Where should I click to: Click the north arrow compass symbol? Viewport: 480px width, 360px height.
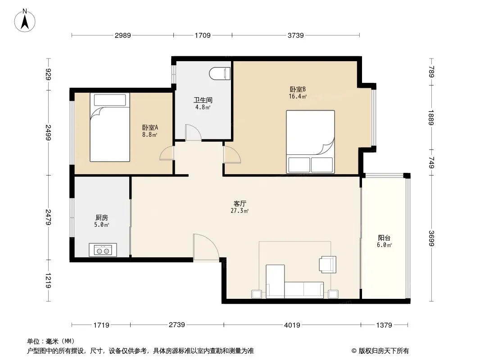(25, 21)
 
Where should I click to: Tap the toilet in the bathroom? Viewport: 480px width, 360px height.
(220, 74)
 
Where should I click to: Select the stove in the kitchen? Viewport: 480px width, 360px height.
(103, 250)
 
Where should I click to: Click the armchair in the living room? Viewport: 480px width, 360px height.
(327, 264)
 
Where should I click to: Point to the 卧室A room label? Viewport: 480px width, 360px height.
(150, 127)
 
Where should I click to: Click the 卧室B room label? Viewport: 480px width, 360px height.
(298, 89)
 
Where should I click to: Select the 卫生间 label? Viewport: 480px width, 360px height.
(203, 100)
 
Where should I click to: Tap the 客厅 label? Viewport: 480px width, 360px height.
(240, 203)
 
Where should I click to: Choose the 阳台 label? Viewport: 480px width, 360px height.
(384, 238)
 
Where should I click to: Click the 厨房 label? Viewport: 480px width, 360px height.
(102, 217)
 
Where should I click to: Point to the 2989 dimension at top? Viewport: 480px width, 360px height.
(123, 36)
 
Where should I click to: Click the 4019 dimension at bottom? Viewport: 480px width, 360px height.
(292, 325)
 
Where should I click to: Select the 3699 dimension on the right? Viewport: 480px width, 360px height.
(431, 238)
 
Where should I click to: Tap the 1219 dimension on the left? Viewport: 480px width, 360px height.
(48, 280)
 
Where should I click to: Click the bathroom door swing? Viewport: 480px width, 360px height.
(194, 132)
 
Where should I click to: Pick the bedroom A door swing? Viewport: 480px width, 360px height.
(167, 153)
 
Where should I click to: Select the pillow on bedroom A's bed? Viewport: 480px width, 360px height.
(110, 100)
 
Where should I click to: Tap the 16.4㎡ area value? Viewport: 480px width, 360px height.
(298, 97)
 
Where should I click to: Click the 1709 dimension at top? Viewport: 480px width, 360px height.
(203, 36)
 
